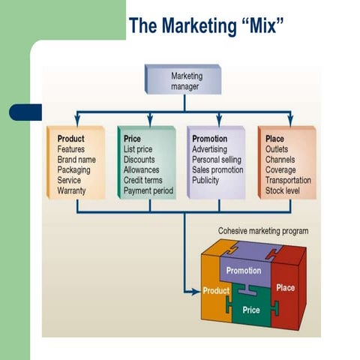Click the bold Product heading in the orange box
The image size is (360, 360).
click(x=70, y=139)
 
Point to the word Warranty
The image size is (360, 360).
click(x=72, y=190)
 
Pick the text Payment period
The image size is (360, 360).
click(x=148, y=190)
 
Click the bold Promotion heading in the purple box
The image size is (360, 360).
click(x=209, y=139)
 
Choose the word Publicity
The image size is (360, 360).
click(x=206, y=181)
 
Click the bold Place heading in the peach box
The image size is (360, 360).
click(x=274, y=139)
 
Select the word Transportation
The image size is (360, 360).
click(x=288, y=180)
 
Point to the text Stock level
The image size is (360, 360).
click(x=283, y=190)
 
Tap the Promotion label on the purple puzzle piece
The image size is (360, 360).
click(x=243, y=270)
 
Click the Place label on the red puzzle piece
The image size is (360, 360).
click(x=286, y=287)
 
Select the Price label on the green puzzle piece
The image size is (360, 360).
click(x=250, y=308)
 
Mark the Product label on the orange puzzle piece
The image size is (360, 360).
click(x=216, y=290)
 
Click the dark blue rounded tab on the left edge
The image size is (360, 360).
click(x=25, y=112)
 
